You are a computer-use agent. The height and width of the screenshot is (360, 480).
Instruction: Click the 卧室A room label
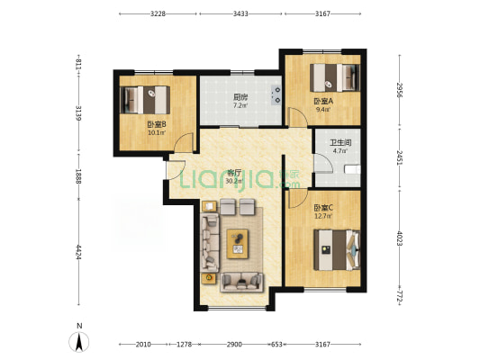(323, 101)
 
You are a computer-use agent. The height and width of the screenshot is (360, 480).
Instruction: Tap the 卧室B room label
(157, 124)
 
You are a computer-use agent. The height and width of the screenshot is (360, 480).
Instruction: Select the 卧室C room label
(323, 208)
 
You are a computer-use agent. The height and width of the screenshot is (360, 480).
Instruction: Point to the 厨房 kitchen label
(240, 97)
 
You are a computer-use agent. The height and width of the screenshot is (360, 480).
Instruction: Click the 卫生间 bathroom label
(340, 143)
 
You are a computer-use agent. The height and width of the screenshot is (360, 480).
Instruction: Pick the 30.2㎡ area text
(233, 182)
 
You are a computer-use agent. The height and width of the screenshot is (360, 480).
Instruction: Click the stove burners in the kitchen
(276, 94)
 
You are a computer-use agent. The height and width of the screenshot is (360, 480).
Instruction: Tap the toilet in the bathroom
(352, 169)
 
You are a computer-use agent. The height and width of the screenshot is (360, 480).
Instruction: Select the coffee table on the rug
(238, 244)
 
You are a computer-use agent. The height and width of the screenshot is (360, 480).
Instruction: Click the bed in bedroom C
(337, 250)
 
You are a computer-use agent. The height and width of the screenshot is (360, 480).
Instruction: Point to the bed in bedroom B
(145, 100)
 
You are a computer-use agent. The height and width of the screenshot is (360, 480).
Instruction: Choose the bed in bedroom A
(335, 77)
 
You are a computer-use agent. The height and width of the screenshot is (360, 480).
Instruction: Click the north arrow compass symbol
(79, 342)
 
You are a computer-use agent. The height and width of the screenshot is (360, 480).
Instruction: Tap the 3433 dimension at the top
(240, 13)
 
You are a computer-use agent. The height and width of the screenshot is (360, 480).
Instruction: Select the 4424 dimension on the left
(78, 252)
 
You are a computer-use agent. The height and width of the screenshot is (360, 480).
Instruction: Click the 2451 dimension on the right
(400, 157)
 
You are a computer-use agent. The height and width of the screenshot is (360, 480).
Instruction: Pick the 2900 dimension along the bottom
(234, 345)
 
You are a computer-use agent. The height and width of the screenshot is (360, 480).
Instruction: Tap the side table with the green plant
(209, 278)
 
